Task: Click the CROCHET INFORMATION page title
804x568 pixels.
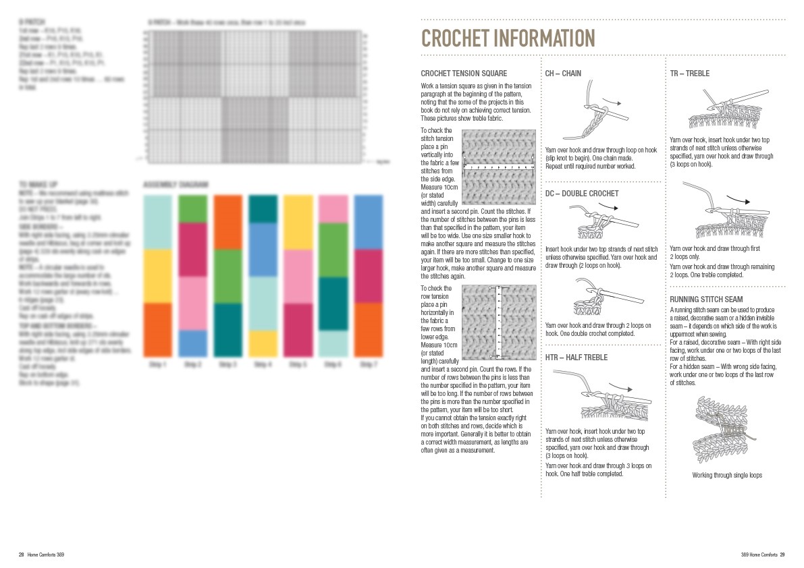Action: click(508, 38)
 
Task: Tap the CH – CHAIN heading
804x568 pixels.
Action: click(563, 74)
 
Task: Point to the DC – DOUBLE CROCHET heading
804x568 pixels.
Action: click(582, 194)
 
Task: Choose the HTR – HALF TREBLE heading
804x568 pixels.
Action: click(577, 358)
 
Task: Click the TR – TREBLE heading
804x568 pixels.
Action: click(689, 74)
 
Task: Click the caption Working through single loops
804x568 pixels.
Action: click(727, 476)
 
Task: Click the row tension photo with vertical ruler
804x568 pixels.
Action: click(498, 322)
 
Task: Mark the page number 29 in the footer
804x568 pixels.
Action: click(782, 555)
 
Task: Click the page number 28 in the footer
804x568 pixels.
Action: click(22, 555)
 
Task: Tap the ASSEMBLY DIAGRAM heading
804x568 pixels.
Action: click(176, 184)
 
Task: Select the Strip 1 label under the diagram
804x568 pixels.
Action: click(157, 364)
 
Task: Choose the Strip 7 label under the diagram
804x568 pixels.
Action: click(368, 364)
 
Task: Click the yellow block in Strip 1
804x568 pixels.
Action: click(157, 276)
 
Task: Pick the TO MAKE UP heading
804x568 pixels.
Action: click(38, 183)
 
